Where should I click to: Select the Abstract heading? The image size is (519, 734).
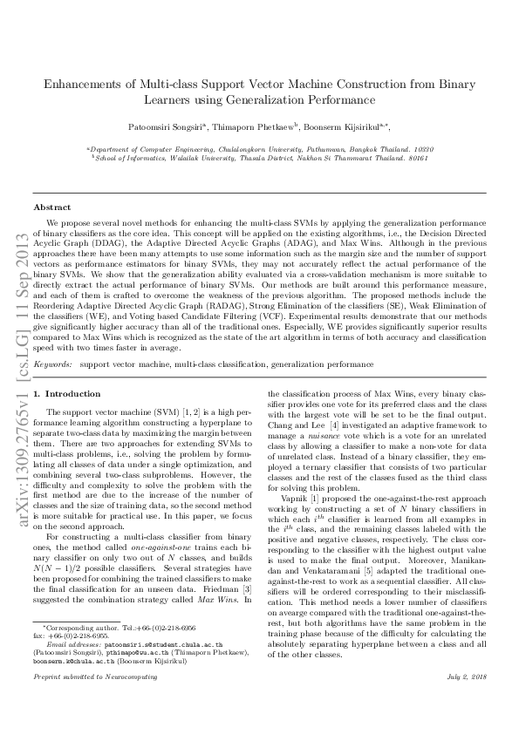(51, 207)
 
